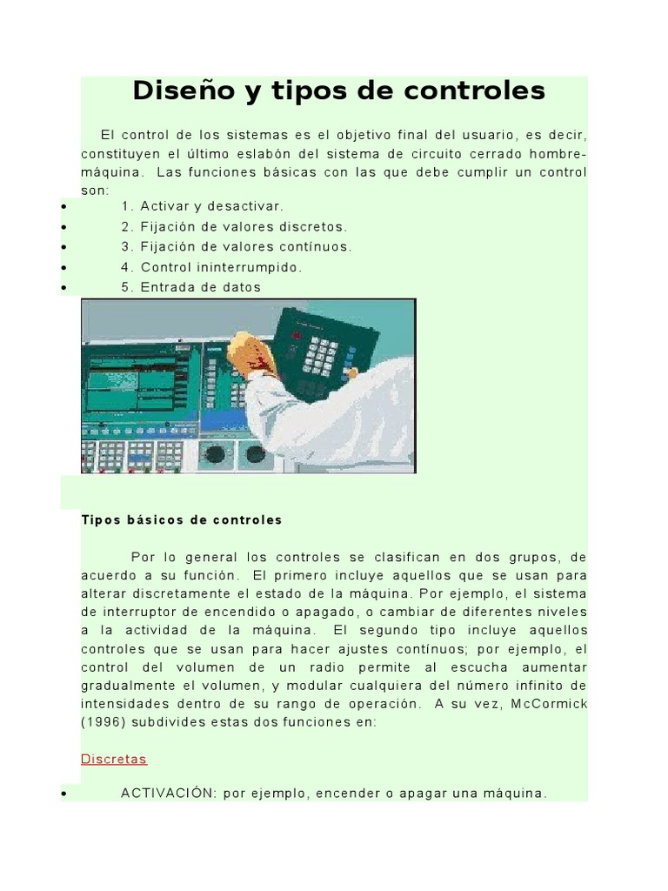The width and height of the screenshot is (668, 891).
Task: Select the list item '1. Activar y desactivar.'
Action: [203, 206]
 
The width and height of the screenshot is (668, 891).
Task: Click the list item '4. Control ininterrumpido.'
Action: [212, 267]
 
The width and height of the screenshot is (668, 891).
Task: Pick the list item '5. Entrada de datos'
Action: [191, 287]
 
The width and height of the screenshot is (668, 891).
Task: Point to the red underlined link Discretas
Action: [114, 759]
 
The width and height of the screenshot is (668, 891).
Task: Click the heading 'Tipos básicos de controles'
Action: [182, 520]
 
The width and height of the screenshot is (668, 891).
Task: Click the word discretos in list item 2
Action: [310, 226]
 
